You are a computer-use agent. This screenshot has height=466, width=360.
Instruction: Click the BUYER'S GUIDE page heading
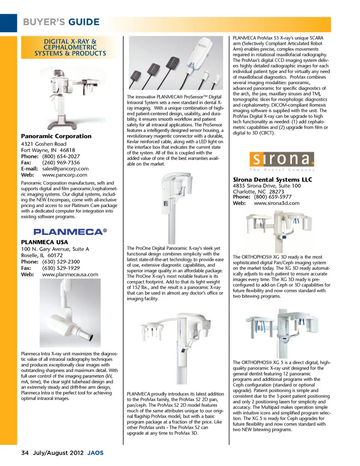pos(61,22)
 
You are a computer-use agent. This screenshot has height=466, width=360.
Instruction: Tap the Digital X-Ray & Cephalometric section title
pos(70,47)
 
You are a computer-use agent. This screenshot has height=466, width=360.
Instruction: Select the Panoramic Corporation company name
pos(56,136)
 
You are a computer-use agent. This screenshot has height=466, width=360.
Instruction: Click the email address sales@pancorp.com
pos(65,169)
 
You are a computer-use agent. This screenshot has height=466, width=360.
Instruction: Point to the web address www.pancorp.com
pos(64,175)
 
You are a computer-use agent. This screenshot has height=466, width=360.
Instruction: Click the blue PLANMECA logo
pos(70,232)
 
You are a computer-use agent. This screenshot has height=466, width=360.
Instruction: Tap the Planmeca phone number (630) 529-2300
pos(61,262)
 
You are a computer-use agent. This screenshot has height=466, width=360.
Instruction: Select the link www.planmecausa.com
pos(70,274)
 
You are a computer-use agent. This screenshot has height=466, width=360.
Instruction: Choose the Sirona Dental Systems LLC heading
pos(272,180)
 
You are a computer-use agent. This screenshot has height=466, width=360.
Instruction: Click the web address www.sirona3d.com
pos(276,203)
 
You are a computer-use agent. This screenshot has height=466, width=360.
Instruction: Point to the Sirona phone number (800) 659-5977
pos(273,197)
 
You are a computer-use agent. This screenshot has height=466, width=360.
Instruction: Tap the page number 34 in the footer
pos(25,453)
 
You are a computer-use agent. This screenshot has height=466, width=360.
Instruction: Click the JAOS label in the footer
pos(95,453)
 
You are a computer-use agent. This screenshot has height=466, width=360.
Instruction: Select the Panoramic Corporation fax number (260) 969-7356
pos(61,163)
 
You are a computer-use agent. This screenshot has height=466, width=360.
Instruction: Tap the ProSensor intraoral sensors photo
pos(175,63)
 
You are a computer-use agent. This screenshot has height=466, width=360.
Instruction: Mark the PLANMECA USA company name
pos(45,242)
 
